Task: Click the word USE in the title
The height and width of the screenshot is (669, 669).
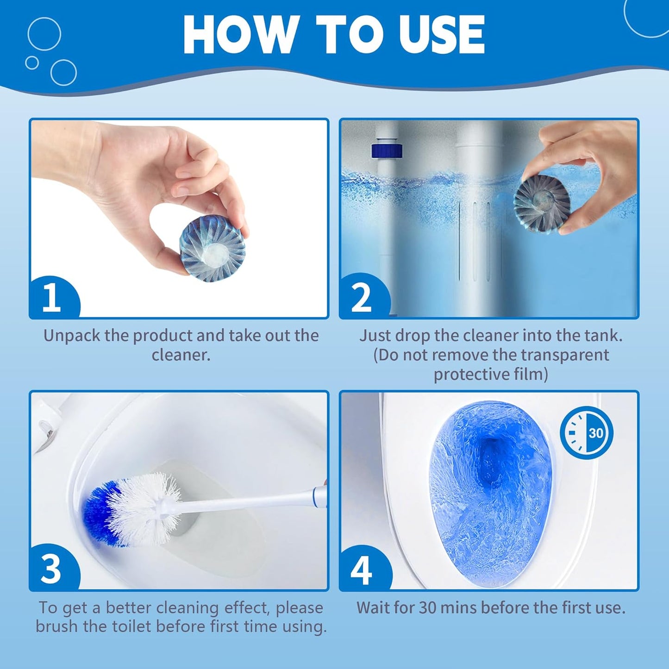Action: [x=441, y=35]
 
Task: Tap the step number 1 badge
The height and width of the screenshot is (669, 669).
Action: [x=52, y=298]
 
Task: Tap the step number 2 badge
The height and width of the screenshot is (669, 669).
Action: [x=362, y=298]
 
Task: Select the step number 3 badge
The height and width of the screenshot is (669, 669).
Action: [x=51, y=569]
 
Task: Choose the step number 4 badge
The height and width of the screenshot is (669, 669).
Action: [x=362, y=570]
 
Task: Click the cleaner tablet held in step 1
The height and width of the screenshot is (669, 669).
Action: [x=212, y=250]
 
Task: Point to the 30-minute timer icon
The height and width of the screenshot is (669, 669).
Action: [x=587, y=433]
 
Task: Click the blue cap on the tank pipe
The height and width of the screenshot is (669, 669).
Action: [x=387, y=151]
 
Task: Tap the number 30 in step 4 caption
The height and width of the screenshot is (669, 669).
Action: [x=427, y=607]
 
